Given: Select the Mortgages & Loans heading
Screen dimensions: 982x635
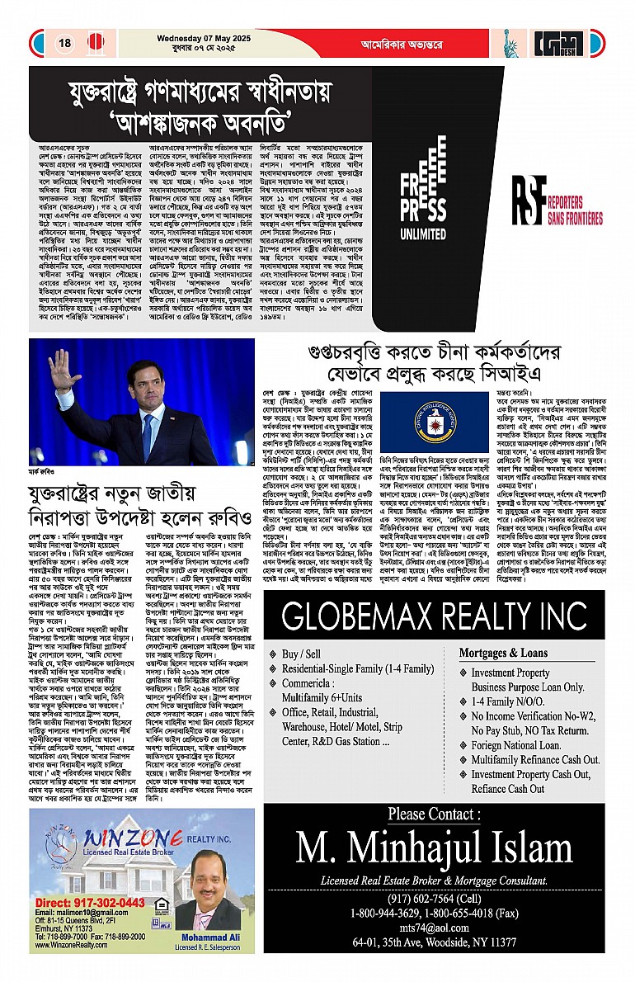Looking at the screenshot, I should tap(515, 652).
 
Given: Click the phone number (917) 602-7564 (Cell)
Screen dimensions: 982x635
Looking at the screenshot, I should tap(434, 899).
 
